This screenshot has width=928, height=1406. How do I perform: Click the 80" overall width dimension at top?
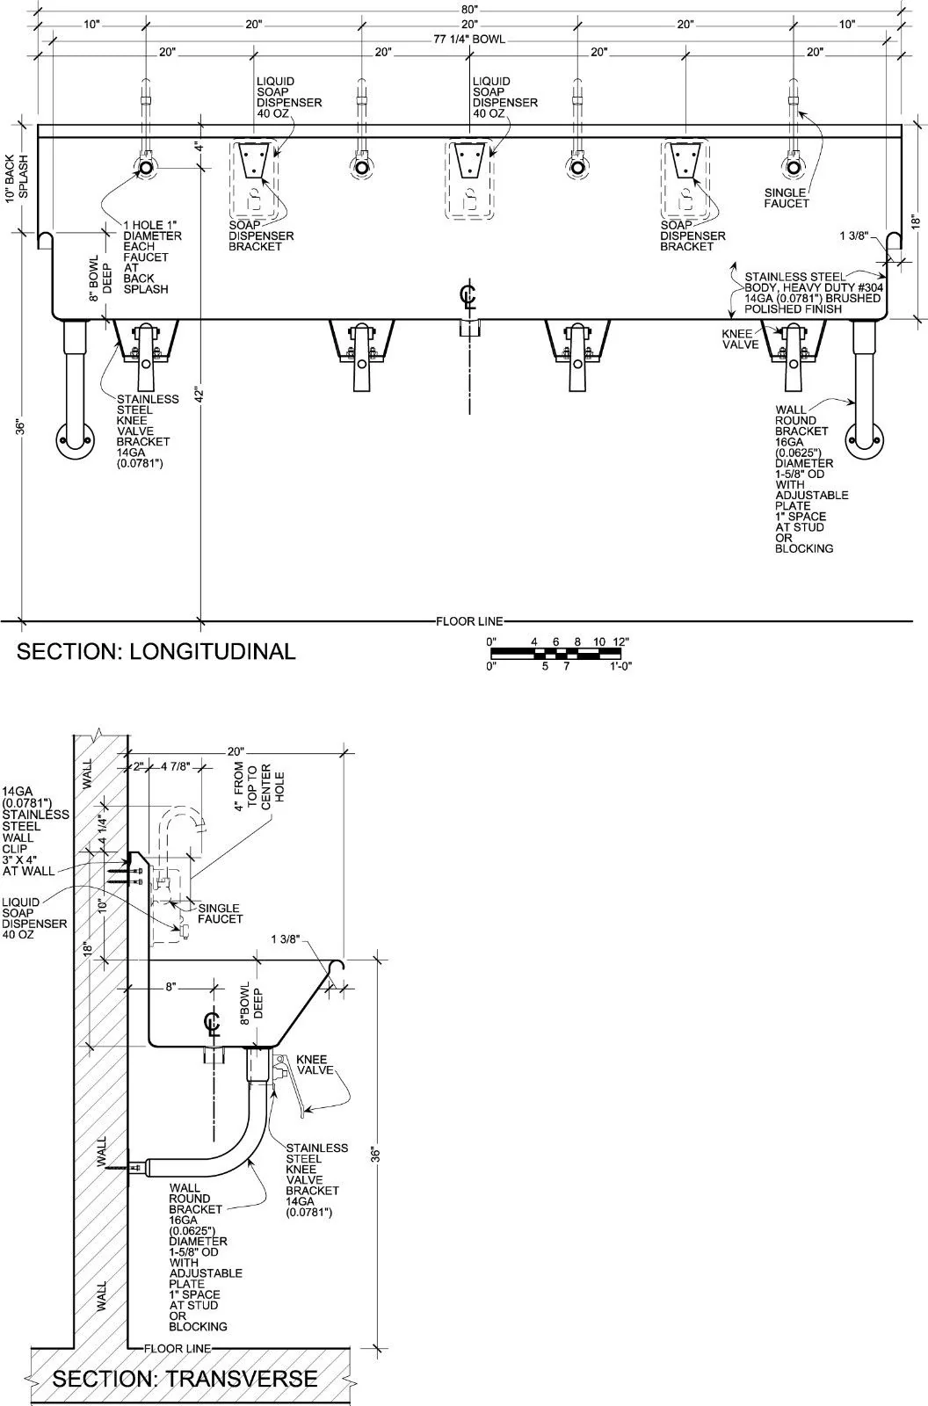pos(469,10)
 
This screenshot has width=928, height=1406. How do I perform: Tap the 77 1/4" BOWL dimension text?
pos(469,40)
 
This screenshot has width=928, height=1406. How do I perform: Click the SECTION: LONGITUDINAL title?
pos(156,651)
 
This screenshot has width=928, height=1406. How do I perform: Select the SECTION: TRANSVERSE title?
pos(185,1379)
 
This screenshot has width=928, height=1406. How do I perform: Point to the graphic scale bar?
pos(559,654)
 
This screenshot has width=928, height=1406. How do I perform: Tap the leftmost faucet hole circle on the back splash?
pos(146,168)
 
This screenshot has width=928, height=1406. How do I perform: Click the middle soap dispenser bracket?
pos(469,160)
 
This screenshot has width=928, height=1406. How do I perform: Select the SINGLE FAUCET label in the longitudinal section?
pos(787,198)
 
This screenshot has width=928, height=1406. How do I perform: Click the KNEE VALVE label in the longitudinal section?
pos(740,339)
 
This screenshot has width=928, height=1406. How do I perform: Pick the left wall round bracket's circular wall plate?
pos(76,440)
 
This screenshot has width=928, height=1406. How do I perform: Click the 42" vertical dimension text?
pos(199,394)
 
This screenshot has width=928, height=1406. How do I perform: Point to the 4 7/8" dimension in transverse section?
pos(175,766)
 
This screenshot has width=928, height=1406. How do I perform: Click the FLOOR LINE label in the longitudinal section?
pos(469,621)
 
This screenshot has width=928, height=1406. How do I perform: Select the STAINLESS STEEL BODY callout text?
pos(814,293)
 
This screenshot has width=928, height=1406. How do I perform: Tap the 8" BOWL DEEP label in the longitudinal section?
pos(100,278)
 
